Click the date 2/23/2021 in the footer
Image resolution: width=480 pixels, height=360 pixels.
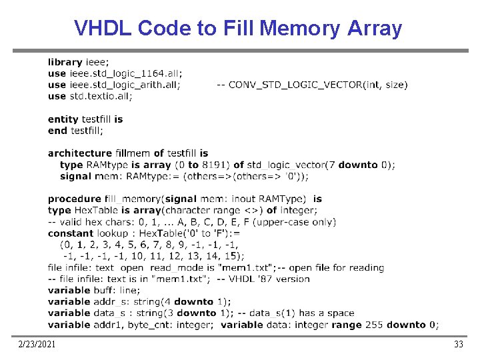point(37,344)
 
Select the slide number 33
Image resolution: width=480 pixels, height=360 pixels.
point(458,344)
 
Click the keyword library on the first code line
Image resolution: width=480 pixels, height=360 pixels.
point(65,62)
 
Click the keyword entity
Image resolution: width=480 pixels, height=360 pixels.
point(63,119)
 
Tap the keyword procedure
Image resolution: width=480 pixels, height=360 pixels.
point(75,199)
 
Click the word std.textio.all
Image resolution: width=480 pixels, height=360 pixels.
point(101,96)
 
